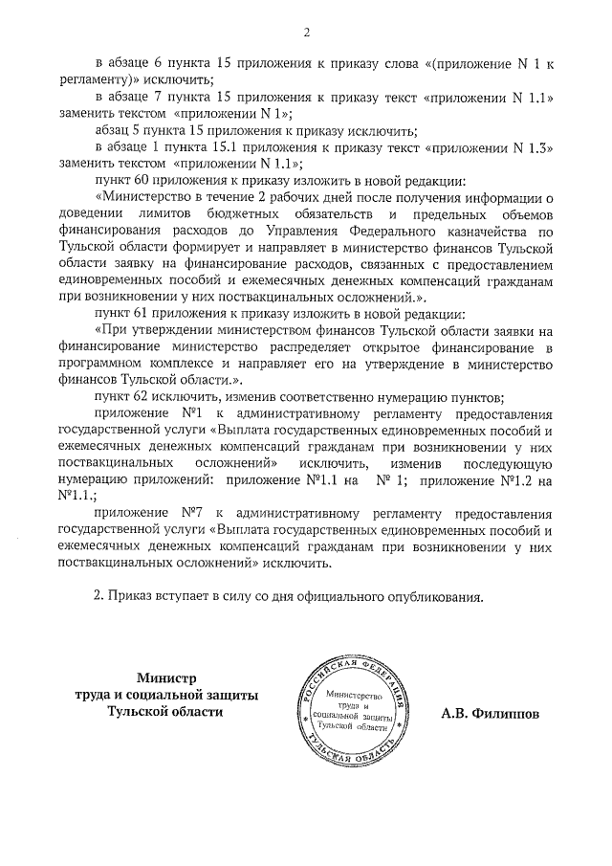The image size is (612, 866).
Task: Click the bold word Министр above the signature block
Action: coord(164,677)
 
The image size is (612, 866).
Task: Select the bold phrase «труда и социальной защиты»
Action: coord(165,696)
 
